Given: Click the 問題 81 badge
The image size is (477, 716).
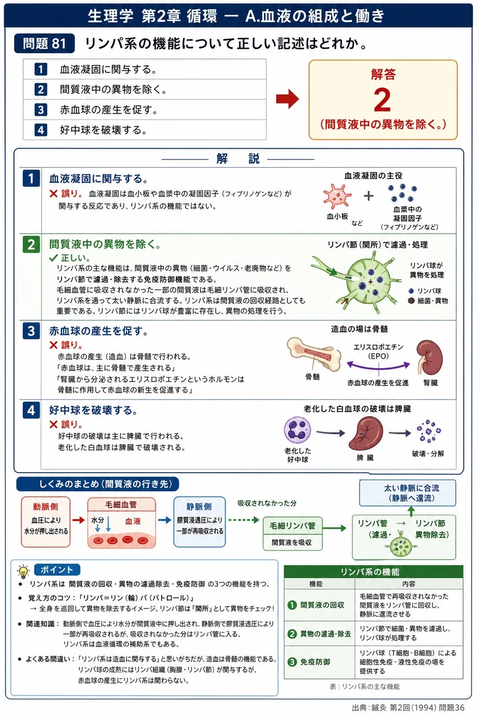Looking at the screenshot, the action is (x=44, y=44).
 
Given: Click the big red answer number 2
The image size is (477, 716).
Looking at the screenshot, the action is (x=382, y=100).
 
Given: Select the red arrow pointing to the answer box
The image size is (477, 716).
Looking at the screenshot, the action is (x=287, y=99).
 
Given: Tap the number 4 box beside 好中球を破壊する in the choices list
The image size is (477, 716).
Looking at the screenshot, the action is (x=41, y=130).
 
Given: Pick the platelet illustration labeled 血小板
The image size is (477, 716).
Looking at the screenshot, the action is (x=337, y=196).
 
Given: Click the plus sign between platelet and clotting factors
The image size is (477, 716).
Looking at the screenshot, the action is (x=369, y=196).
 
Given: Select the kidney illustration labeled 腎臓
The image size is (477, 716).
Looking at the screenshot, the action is (x=429, y=357).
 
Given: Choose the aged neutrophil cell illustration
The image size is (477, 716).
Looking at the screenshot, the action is (x=297, y=430).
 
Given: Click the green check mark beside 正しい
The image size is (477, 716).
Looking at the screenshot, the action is (x=53, y=258).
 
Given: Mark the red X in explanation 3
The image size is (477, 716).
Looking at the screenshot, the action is (x=53, y=345).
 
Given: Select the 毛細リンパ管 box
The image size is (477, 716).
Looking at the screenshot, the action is (x=292, y=534).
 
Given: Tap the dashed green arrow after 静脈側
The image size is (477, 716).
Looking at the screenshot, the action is (x=244, y=520).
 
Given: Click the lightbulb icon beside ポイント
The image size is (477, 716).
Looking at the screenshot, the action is (x=23, y=572).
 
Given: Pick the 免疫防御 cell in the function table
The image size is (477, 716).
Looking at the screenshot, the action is (x=319, y=662).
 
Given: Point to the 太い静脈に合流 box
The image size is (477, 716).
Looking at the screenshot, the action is (x=407, y=493).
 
